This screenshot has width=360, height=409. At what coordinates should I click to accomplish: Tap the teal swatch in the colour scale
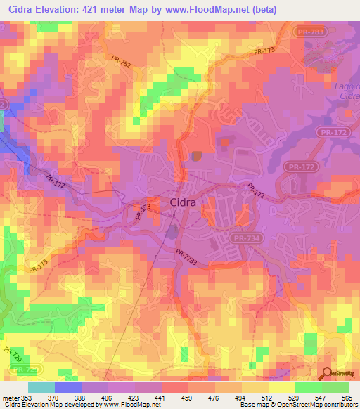41,387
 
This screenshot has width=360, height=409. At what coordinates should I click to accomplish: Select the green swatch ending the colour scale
335,387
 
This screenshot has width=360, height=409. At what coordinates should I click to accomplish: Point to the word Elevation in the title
68,9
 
